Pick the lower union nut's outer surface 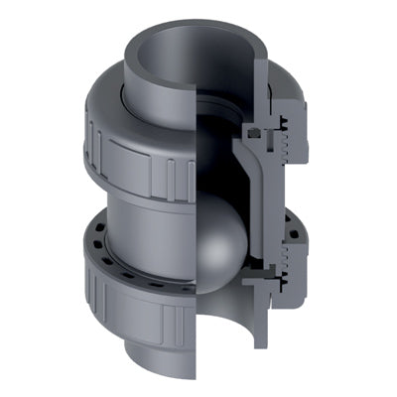pyautogui.click(x=119, y=288)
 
